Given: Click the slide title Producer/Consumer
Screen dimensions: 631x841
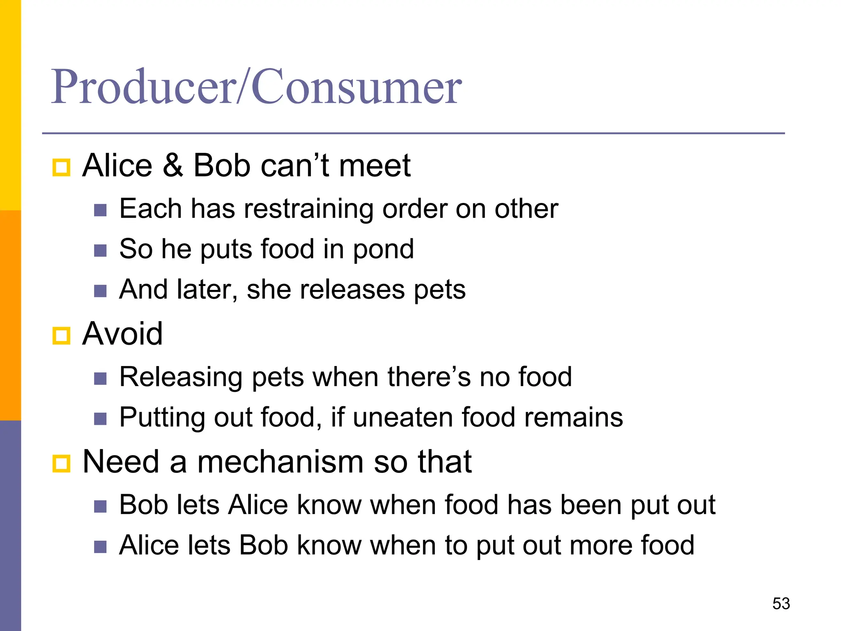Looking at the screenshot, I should click(x=256, y=87).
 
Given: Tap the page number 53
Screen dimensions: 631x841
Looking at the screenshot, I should click(x=781, y=603).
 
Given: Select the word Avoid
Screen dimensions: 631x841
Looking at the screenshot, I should click(x=122, y=334).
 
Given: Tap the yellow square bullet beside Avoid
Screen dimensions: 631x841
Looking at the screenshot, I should click(x=62, y=336).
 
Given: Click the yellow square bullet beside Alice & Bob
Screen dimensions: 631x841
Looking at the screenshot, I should click(x=62, y=168).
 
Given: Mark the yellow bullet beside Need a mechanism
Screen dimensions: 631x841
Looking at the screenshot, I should click(x=62, y=464).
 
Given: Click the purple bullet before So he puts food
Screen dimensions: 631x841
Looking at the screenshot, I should click(x=100, y=251).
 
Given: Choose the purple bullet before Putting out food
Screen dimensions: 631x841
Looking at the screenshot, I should click(x=100, y=419).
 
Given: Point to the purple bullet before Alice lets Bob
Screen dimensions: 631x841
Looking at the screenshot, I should click(x=100, y=547).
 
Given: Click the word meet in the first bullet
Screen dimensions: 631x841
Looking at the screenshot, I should click(x=374, y=165).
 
